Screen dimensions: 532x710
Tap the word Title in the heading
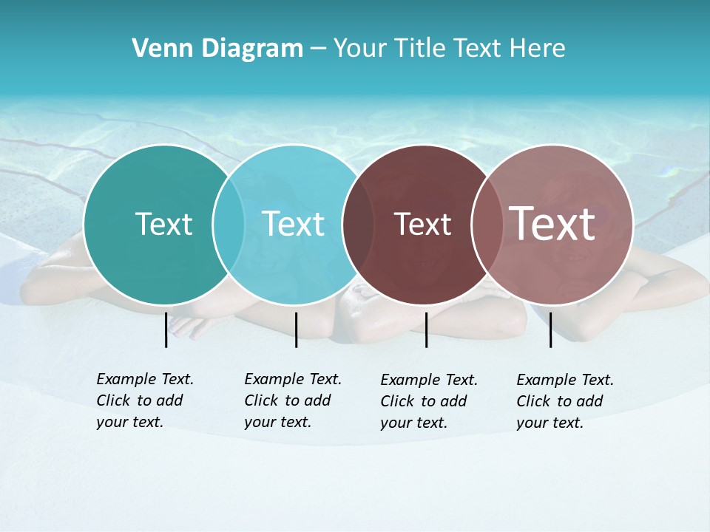[421, 49]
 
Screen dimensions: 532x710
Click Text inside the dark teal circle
[163, 224]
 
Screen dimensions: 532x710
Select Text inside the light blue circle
[293, 224]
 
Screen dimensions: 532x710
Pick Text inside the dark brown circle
[422, 224]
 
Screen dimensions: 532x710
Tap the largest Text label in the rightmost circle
[552, 223]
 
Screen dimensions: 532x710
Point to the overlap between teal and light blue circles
[229, 225]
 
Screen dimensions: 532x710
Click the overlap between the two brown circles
[485, 225]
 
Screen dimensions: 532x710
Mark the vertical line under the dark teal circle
[166, 330]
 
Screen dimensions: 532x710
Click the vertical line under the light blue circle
[296, 330]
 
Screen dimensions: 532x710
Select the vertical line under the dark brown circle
[426, 330]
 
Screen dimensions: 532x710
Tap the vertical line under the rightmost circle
[550, 330]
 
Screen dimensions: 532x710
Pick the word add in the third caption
[453, 401]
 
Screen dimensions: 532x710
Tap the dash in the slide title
[318, 49]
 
